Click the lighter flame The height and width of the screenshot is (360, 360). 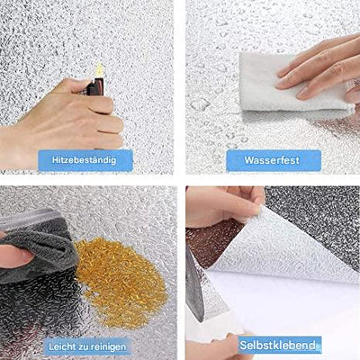click(x=99, y=70)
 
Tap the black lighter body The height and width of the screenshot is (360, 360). click(x=95, y=87)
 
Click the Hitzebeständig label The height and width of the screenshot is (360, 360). click(x=85, y=160)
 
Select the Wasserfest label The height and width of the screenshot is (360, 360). click(x=272, y=160)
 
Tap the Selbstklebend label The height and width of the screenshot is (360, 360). click(x=278, y=345)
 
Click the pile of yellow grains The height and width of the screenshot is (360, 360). click(x=120, y=279)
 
